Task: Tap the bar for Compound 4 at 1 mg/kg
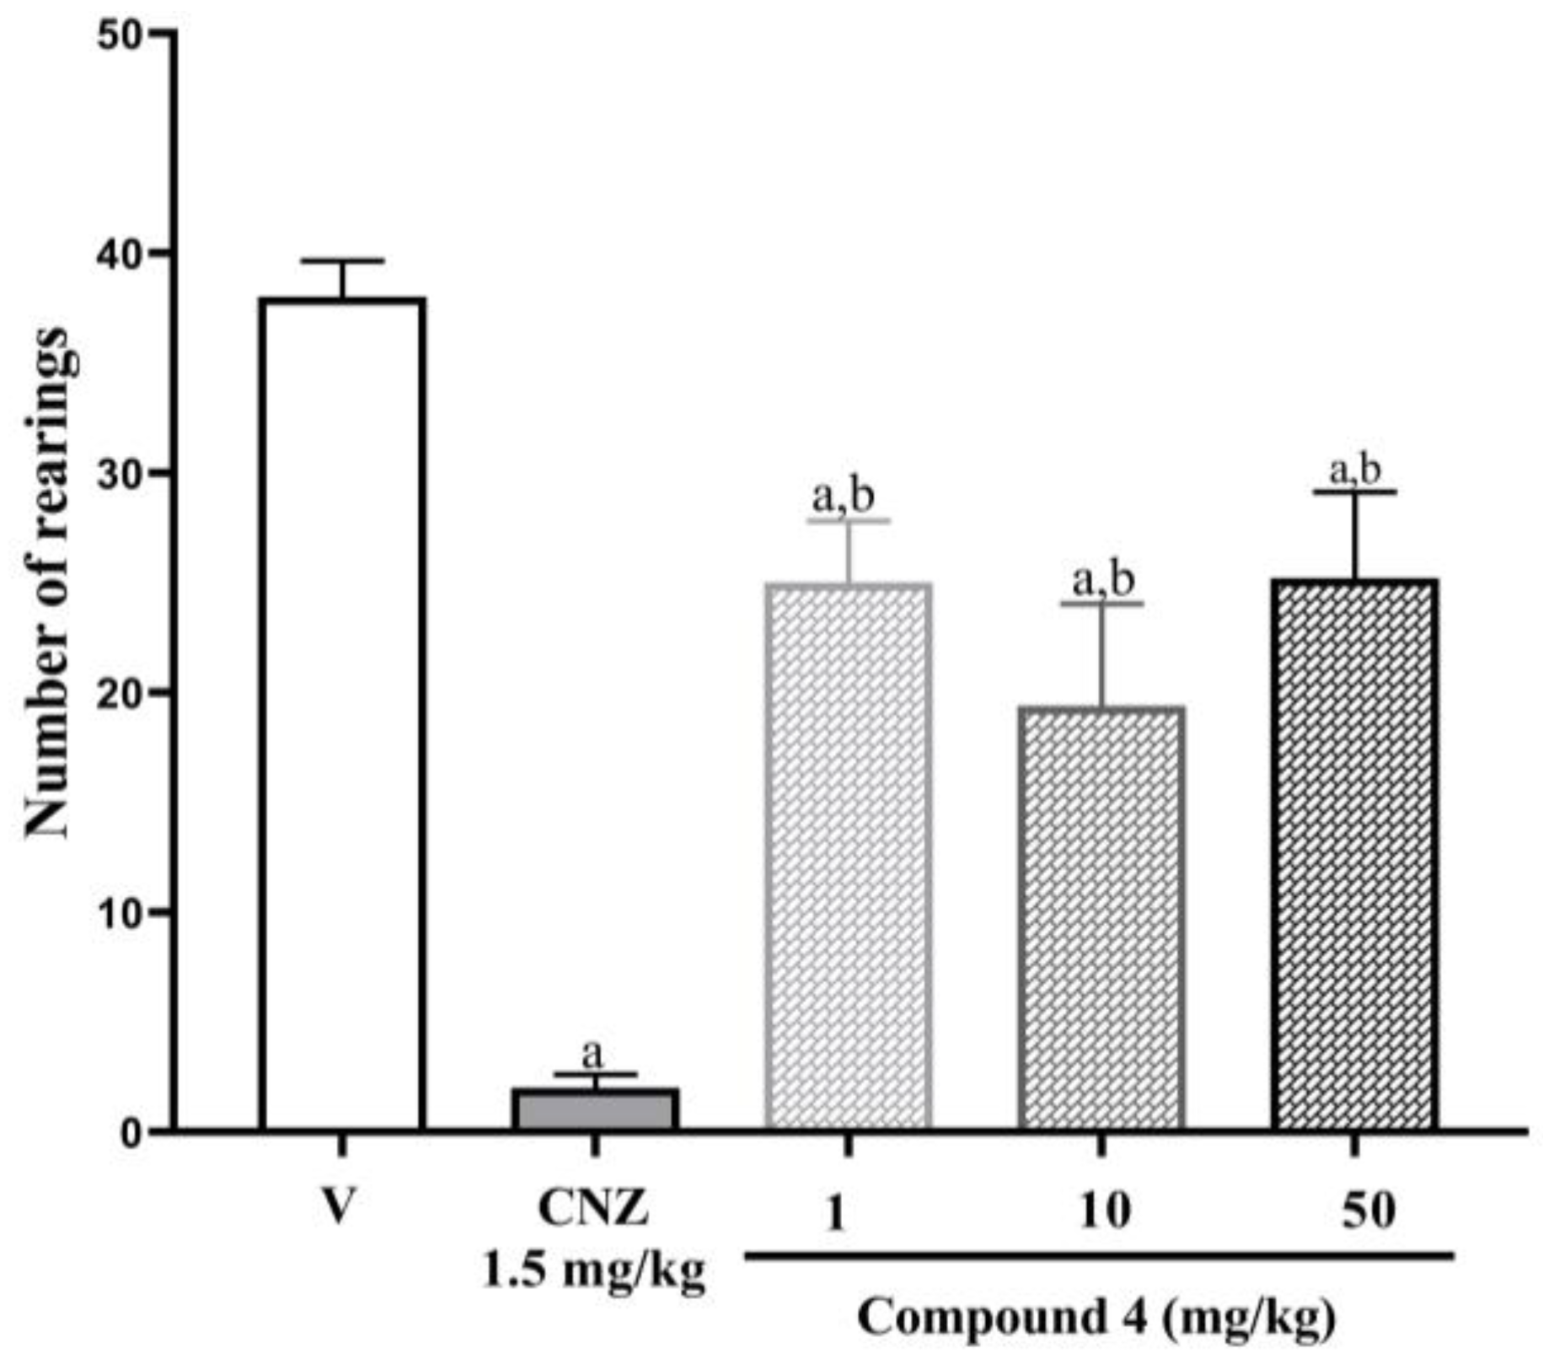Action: tap(849, 856)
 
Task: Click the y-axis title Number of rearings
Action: tap(46, 582)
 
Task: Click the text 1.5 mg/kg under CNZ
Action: tap(594, 1271)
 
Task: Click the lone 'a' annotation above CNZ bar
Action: tap(593, 1053)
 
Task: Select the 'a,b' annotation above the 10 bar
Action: tap(1102, 580)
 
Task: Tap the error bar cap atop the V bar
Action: tap(342, 261)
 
